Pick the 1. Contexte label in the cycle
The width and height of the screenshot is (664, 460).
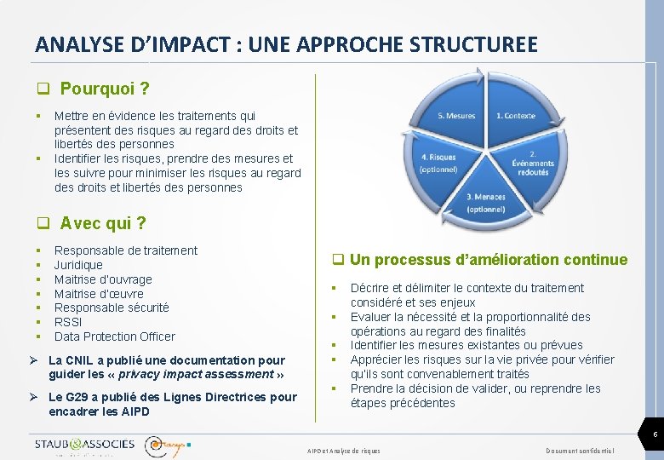pos(516,115)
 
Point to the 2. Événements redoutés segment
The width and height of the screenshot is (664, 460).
pos(533,164)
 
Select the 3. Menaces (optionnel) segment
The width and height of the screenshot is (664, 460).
pos(485,203)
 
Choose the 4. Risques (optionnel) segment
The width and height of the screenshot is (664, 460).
pos(438,163)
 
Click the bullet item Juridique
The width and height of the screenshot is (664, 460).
pos(78,265)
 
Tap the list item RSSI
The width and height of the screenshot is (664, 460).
pos(68,322)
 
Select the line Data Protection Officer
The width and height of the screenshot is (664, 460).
pos(115,336)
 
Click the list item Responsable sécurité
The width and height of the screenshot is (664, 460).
pos(112,308)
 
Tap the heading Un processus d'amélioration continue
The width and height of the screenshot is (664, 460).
pos(488,260)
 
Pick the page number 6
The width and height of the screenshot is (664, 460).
pos(654,435)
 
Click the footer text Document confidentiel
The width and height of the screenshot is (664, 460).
pos(581,450)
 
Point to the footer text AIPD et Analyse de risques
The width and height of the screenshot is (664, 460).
pos(344,450)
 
